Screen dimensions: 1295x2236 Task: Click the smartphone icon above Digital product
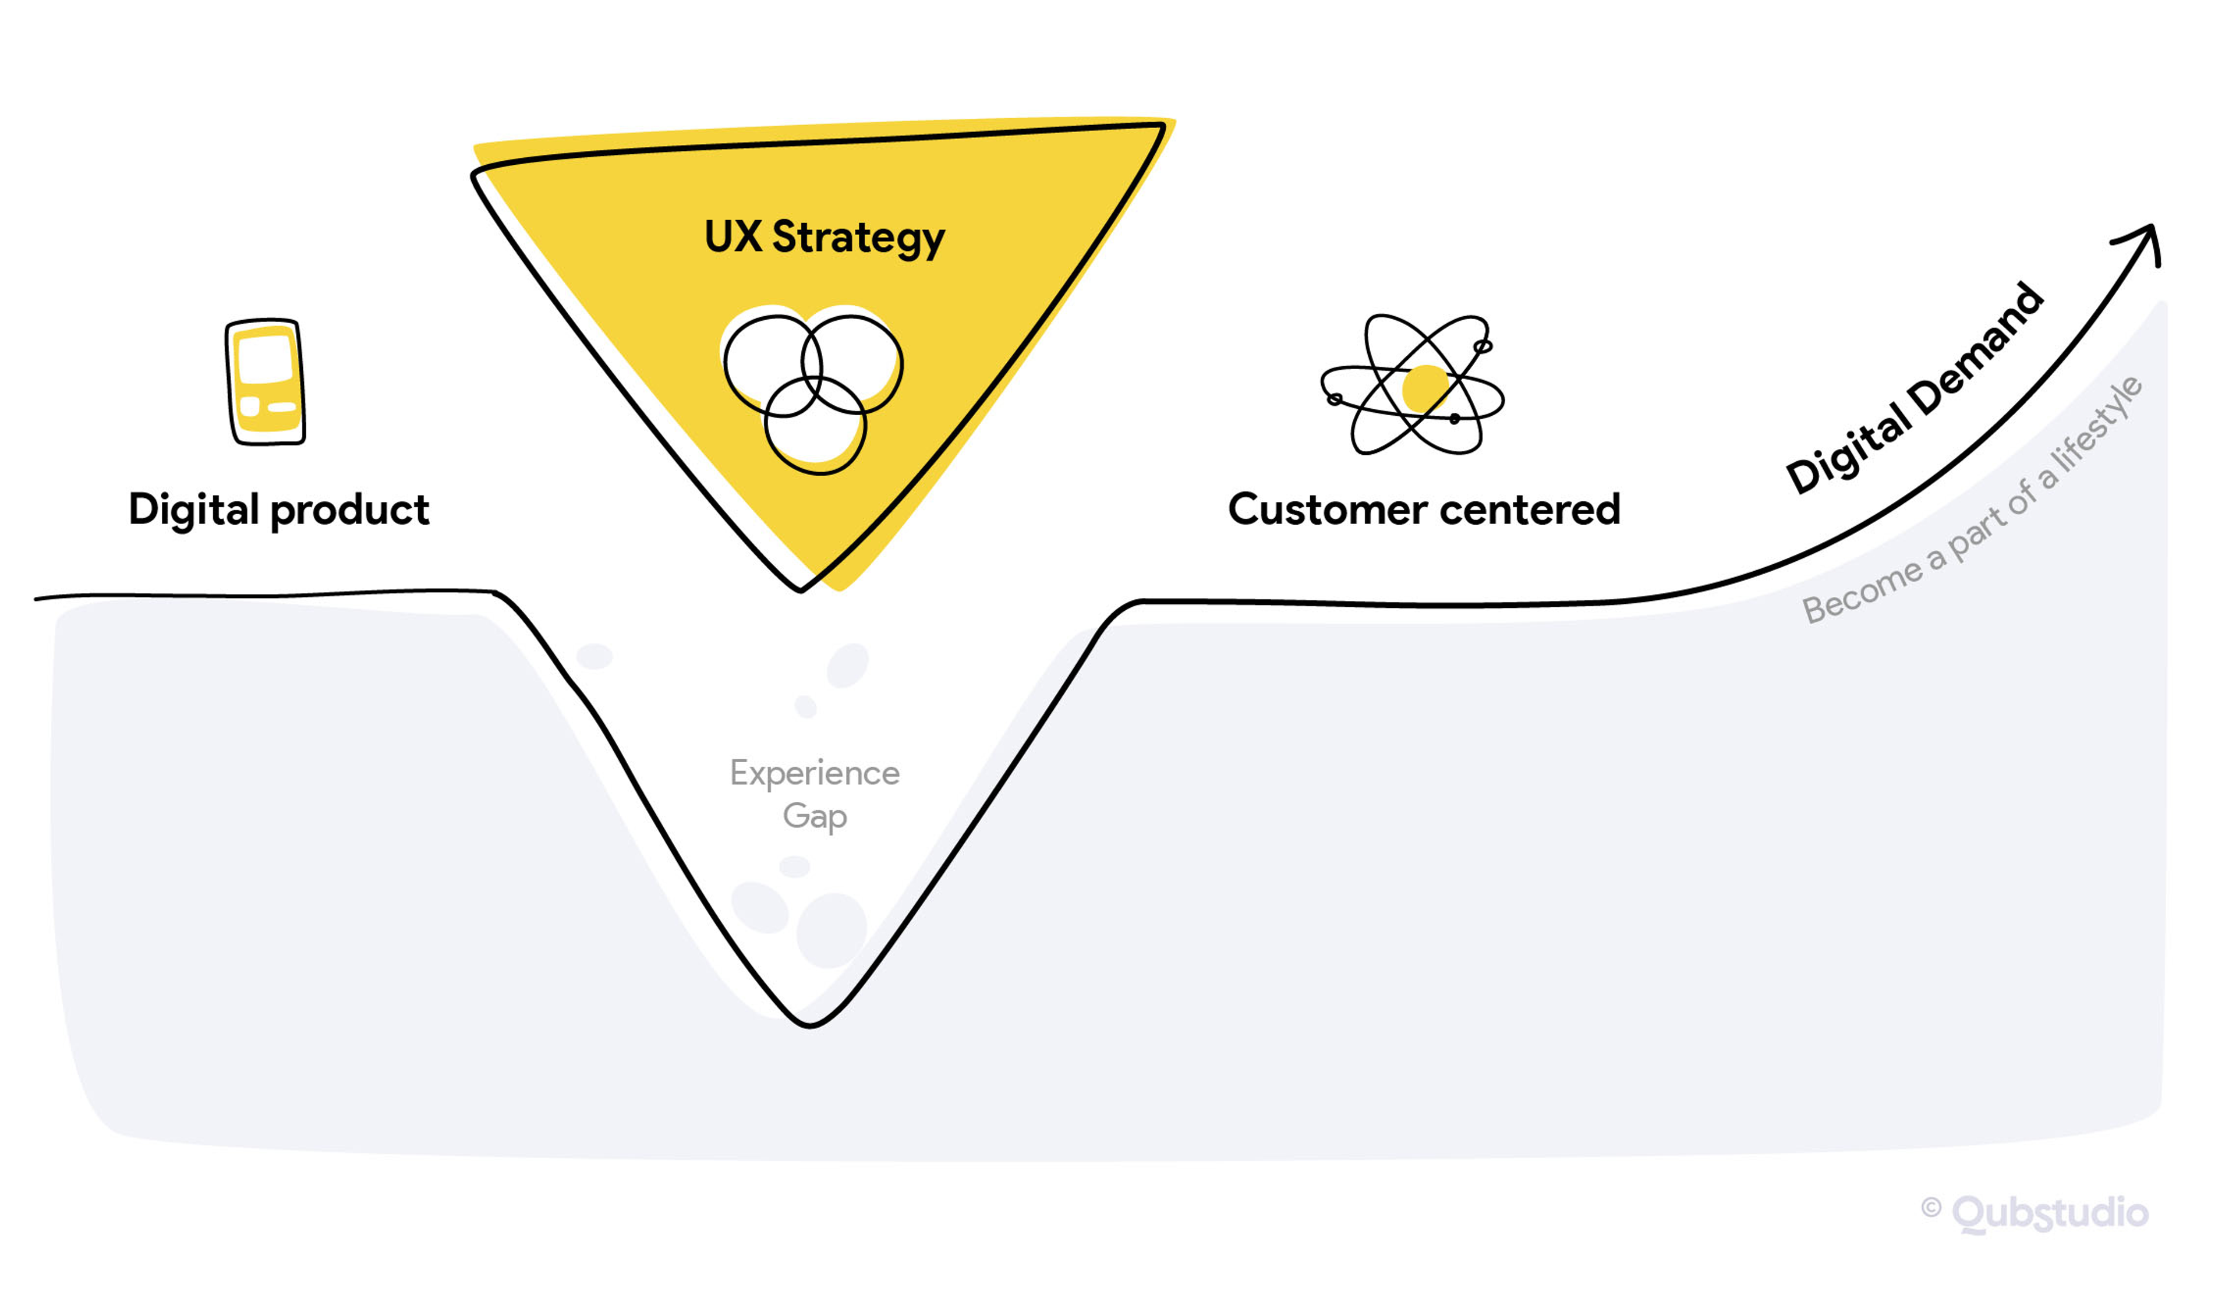coord(266,383)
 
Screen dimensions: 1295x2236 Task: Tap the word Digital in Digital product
coord(193,511)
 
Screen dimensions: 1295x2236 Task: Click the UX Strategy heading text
coord(825,238)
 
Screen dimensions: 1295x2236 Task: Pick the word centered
coord(1531,510)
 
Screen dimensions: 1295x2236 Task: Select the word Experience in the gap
coord(815,773)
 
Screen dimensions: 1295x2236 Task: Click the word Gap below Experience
coord(815,816)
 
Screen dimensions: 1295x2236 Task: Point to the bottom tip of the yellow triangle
coord(801,587)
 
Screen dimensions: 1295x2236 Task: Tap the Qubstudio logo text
coord(2050,1213)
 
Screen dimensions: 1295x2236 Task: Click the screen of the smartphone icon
coord(264,360)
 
